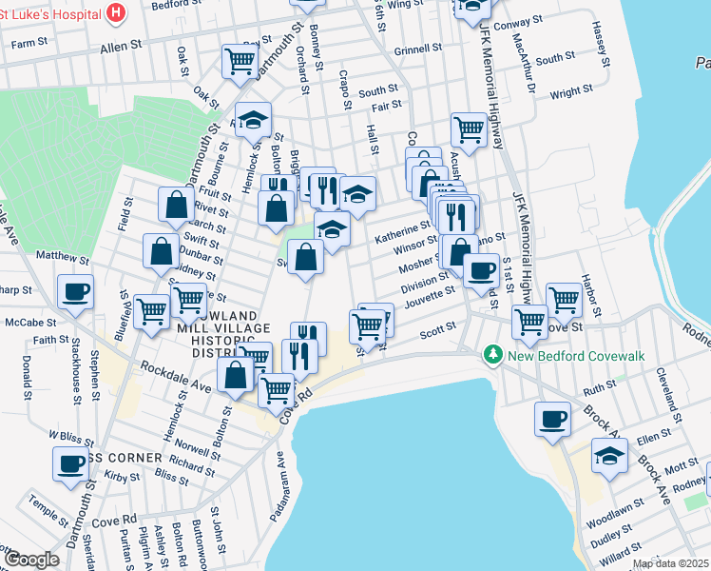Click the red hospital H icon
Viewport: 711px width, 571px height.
tap(116, 12)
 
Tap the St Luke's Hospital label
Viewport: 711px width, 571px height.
tap(49, 12)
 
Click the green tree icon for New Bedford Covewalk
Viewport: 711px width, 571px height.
tap(491, 355)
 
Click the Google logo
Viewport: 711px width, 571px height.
tap(31, 560)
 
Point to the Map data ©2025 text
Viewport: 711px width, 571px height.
tap(670, 563)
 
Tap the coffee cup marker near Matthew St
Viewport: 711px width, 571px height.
tap(75, 291)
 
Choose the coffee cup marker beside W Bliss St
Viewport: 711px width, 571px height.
tap(71, 463)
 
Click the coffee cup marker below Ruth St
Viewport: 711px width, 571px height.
tap(552, 418)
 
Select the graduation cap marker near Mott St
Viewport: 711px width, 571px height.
tap(609, 455)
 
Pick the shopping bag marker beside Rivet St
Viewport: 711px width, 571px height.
tap(177, 203)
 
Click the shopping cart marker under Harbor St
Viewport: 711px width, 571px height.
tap(565, 299)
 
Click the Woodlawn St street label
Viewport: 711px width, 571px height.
tap(610, 523)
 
